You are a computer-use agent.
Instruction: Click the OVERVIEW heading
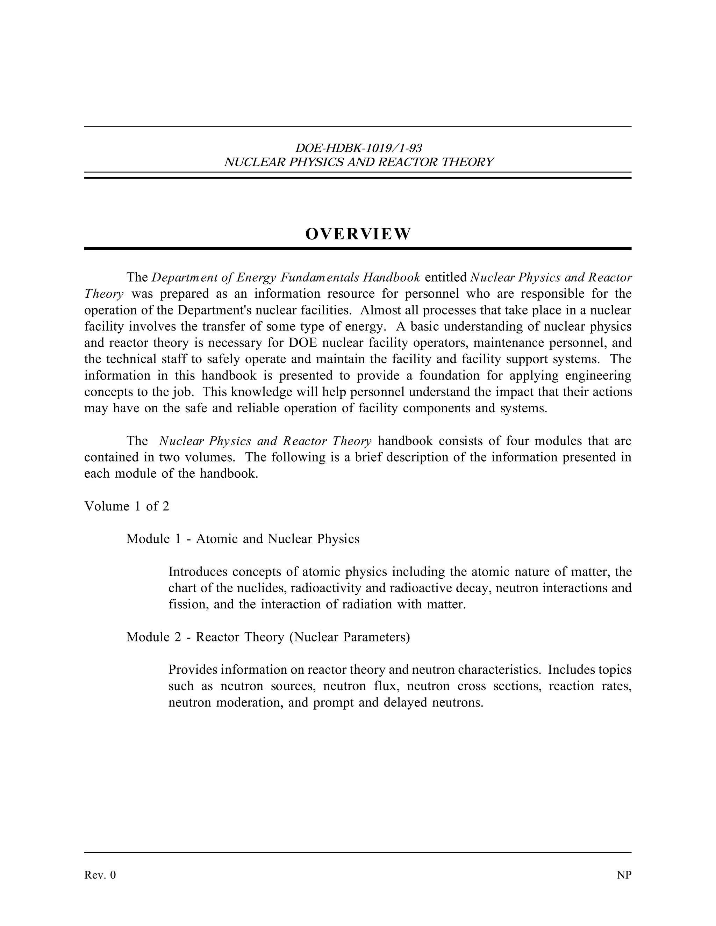(358, 234)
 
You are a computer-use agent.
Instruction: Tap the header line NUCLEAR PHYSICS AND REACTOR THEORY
(358, 162)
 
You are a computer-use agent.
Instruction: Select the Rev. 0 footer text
(100, 875)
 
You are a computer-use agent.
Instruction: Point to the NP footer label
(624, 875)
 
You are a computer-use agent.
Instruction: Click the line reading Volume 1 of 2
(127, 506)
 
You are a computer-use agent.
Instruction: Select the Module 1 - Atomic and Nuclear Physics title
(243, 539)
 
